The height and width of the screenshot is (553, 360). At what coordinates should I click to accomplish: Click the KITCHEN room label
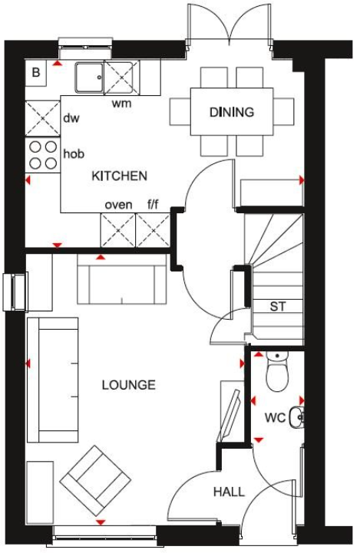tap(119, 176)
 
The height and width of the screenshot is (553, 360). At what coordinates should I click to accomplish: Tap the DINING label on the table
tap(231, 113)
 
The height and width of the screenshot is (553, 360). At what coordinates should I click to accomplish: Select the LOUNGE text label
tap(128, 385)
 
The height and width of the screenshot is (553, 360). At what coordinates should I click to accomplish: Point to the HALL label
tap(229, 492)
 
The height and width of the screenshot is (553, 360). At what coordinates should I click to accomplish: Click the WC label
tap(275, 418)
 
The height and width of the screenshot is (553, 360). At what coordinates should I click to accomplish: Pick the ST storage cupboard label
tap(277, 307)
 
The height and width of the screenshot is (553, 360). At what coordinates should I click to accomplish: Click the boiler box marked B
tap(36, 74)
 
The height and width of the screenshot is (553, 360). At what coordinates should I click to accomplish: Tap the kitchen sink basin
tap(89, 77)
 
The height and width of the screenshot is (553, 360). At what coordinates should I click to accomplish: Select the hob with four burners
tap(43, 154)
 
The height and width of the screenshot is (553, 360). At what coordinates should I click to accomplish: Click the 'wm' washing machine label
tap(121, 103)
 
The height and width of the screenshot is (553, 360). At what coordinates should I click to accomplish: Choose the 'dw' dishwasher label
tap(71, 118)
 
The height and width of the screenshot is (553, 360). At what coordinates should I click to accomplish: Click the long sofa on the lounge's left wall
tap(52, 381)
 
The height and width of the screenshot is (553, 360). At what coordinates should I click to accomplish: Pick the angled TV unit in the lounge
tap(231, 411)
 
